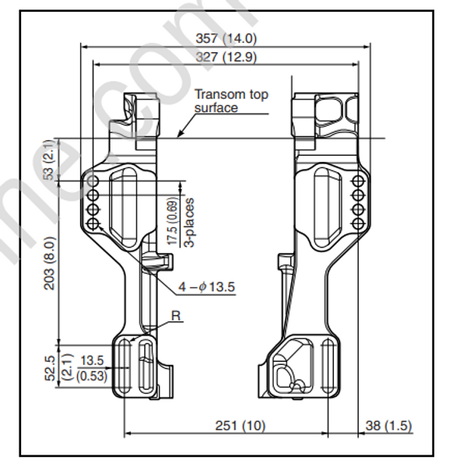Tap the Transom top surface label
click(231, 100)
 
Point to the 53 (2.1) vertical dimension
click(48, 161)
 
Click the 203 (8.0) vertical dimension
click(48, 262)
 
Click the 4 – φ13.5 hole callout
click(205, 286)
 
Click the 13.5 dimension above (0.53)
click(92, 360)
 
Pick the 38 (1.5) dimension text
click(384, 426)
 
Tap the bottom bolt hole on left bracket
click(93, 224)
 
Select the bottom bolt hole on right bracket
click(358, 224)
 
